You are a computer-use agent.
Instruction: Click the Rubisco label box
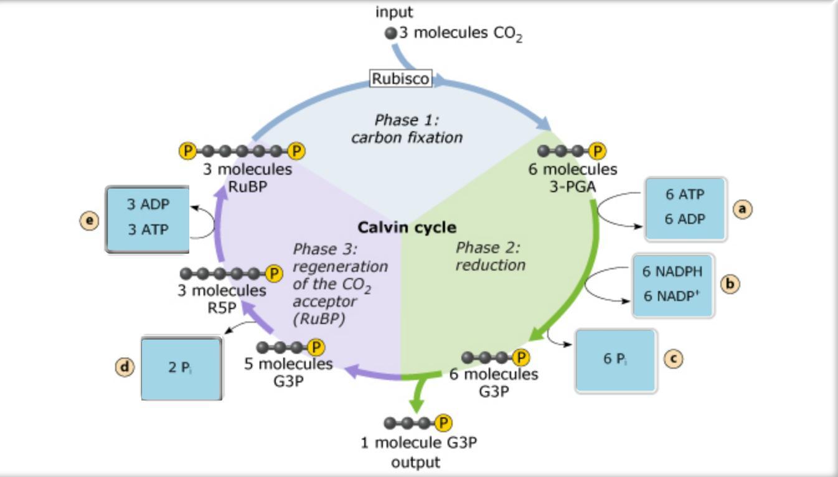401,79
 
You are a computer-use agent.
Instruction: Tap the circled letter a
741,209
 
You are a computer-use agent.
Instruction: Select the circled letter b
730,284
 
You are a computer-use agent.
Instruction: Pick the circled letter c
672,358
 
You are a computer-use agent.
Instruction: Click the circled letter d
125,367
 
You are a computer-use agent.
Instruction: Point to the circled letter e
90,220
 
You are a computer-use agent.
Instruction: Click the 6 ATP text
685,195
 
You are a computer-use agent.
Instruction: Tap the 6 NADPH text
672,272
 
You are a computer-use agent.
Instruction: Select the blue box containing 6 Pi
615,361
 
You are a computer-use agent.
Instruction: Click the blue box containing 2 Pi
181,368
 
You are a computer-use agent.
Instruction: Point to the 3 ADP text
148,204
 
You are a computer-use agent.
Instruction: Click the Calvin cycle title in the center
407,228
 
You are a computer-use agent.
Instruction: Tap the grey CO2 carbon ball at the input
391,34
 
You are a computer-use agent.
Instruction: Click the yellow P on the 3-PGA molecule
597,151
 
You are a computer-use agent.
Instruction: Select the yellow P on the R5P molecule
273,273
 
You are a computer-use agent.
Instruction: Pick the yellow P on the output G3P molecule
443,423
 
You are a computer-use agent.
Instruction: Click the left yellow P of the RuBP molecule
187,151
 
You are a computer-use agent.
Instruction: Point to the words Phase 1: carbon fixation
407,129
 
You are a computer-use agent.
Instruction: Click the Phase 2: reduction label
490,256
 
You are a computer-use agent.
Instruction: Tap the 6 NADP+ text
672,296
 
